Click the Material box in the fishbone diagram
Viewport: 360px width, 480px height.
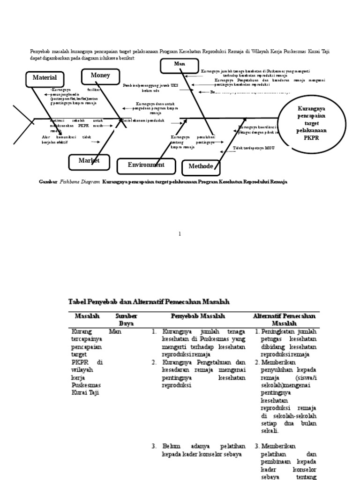[45, 77]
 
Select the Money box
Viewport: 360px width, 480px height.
[100, 75]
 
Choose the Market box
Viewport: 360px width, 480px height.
[89, 161]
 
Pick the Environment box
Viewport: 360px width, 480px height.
[146, 165]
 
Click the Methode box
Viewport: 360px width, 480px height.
[201, 166]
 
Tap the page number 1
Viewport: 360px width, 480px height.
[180, 233]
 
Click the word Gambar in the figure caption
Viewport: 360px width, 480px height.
[47, 181]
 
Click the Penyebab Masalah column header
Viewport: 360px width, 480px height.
[198, 316]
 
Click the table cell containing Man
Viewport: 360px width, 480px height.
[115, 331]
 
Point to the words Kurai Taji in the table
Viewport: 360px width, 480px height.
[84, 392]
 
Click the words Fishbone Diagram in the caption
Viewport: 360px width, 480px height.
[80, 181]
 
